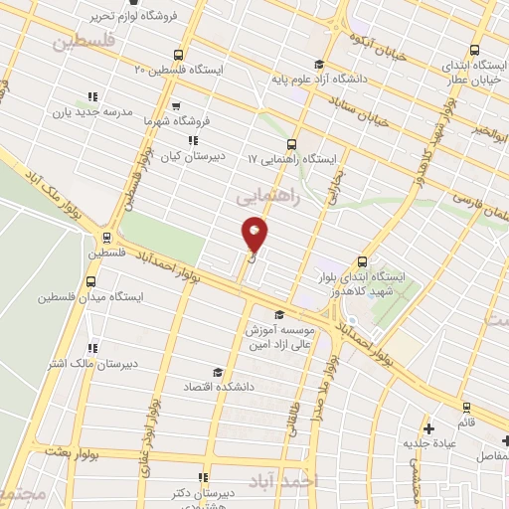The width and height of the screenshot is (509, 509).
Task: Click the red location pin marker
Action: click(254, 235)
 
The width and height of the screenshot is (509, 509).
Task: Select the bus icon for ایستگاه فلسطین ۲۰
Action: click(177, 55)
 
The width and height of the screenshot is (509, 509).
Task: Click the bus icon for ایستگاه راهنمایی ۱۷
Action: click(291, 158)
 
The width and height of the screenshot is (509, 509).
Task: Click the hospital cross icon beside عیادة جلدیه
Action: click(428, 429)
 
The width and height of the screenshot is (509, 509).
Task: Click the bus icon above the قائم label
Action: click(467, 407)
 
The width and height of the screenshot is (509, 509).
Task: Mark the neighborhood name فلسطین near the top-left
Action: click(82, 42)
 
